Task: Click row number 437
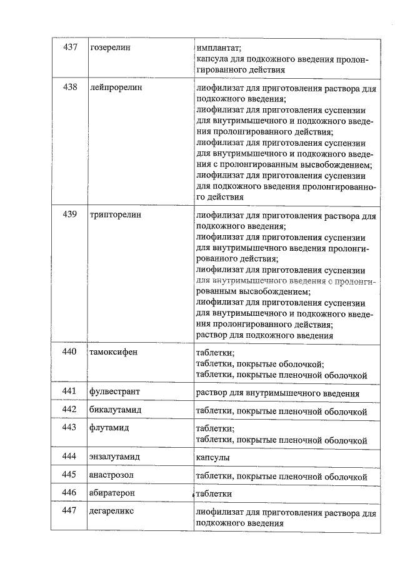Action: (x=69, y=48)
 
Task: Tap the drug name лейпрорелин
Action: (x=116, y=88)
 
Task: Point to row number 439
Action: (x=69, y=215)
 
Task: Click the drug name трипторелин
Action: (x=116, y=215)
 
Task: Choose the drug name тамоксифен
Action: (x=113, y=351)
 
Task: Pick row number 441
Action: (x=69, y=392)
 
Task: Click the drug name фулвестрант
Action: (x=114, y=392)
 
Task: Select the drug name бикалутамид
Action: (x=116, y=410)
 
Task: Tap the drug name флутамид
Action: (x=109, y=428)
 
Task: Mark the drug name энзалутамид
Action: (x=114, y=457)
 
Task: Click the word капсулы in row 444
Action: (x=212, y=458)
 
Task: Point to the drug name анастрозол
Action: (x=111, y=475)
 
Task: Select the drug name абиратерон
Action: (x=112, y=493)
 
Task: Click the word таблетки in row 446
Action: (x=214, y=494)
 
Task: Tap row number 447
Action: (x=69, y=512)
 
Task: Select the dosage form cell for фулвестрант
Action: (x=277, y=393)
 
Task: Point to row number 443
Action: (x=69, y=428)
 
